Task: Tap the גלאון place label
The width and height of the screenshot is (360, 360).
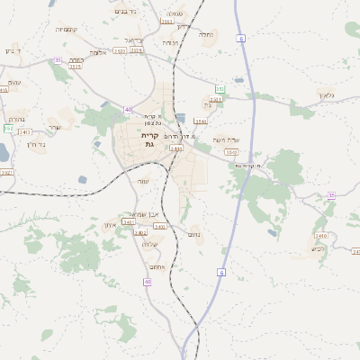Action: click(x=326, y=95)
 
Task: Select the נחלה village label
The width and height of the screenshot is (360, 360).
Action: click(x=207, y=35)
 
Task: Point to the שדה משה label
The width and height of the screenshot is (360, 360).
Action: click(x=225, y=139)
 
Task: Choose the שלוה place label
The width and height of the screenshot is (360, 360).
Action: click(x=150, y=244)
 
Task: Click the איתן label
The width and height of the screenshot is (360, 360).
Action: click(x=111, y=225)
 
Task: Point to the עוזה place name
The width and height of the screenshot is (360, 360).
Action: click(x=143, y=181)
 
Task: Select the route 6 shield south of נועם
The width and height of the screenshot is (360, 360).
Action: click(x=220, y=271)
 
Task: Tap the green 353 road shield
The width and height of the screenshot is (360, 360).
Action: click(x=220, y=89)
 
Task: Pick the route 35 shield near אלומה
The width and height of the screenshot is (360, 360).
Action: click(x=58, y=59)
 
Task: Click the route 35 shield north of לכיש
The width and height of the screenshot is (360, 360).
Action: click(x=331, y=195)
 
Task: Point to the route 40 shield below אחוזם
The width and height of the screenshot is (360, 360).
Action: click(x=148, y=283)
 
